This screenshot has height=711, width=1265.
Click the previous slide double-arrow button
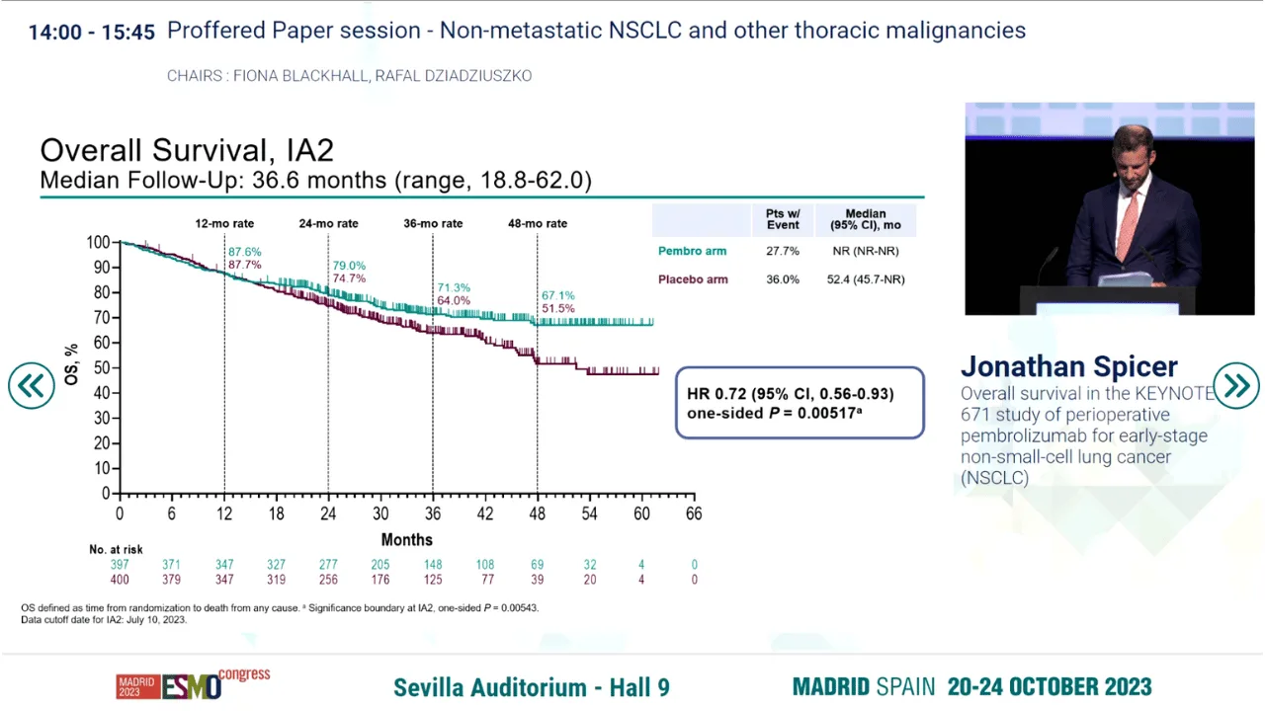coord(32,386)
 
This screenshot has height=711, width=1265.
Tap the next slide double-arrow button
coord(1235,386)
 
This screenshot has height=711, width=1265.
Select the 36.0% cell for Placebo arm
coord(782,279)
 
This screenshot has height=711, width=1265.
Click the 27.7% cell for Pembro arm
coord(782,251)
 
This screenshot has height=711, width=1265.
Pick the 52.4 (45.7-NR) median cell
coord(866,279)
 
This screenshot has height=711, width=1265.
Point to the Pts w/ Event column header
coord(783,219)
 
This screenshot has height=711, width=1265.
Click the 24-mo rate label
coord(328,223)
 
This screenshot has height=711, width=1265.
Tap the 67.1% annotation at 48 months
coord(558,295)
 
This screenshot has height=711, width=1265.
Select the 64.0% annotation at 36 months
coord(454,301)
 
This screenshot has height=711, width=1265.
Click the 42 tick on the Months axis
coord(485,513)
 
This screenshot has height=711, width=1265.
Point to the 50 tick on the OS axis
coord(102,368)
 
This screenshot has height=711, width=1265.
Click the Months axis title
coord(406,540)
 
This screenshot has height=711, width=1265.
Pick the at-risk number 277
coord(328,564)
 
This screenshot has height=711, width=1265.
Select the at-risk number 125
coord(433,580)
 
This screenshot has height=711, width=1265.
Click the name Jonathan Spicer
coord(1069,366)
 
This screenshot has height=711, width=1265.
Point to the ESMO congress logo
coord(193,684)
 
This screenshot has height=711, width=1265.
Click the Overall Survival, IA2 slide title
coord(187,150)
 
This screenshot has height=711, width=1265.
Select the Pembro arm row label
coord(693,251)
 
